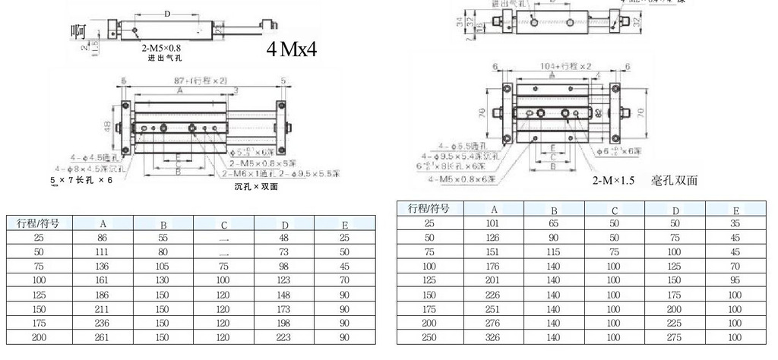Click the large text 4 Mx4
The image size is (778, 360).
291,50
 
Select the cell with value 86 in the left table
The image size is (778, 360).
103,238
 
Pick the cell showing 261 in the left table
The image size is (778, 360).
103,336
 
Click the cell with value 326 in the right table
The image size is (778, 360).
493,336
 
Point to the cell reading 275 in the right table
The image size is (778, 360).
674,336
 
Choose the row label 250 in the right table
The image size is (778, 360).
429,336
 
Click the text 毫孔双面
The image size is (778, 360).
675,181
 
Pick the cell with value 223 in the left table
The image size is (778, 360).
284,336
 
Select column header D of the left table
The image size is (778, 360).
284,223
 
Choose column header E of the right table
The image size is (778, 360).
735,210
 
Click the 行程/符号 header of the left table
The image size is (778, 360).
39,223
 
